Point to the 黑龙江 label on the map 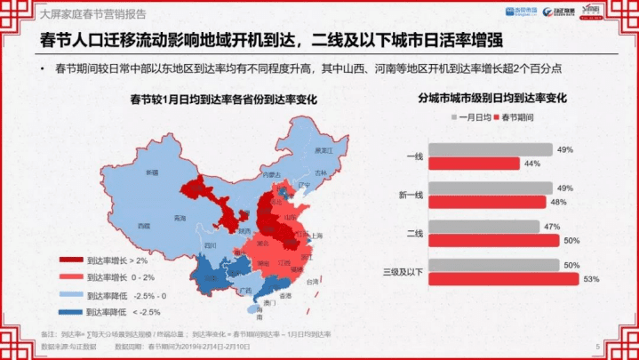click(x=323, y=151)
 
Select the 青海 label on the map click(x=180, y=217)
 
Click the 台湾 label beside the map click(x=312, y=281)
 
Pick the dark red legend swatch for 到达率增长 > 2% click(x=70, y=261)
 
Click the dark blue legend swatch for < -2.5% click(x=70, y=311)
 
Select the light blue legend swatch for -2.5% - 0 click(x=70, y=295)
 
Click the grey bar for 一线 click(x=490, y=150)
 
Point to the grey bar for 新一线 click(x=490, y=188)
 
